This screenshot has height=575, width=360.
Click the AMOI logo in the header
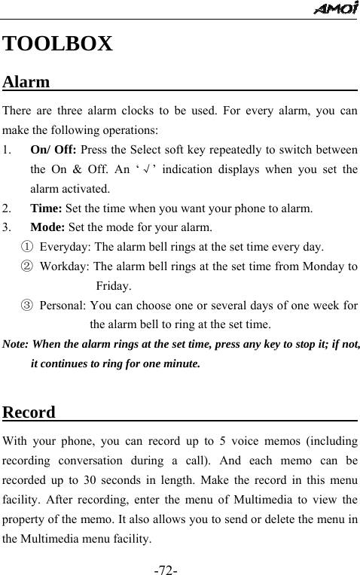(337, 8)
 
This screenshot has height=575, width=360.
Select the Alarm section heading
(26, 81)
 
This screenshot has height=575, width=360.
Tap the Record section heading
(29, 412)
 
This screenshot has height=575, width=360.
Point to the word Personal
(63, 306)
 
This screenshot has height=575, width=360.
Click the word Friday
(113, 286)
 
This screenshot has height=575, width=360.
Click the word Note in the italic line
(15, 345)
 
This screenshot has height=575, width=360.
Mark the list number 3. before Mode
(7, 227)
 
